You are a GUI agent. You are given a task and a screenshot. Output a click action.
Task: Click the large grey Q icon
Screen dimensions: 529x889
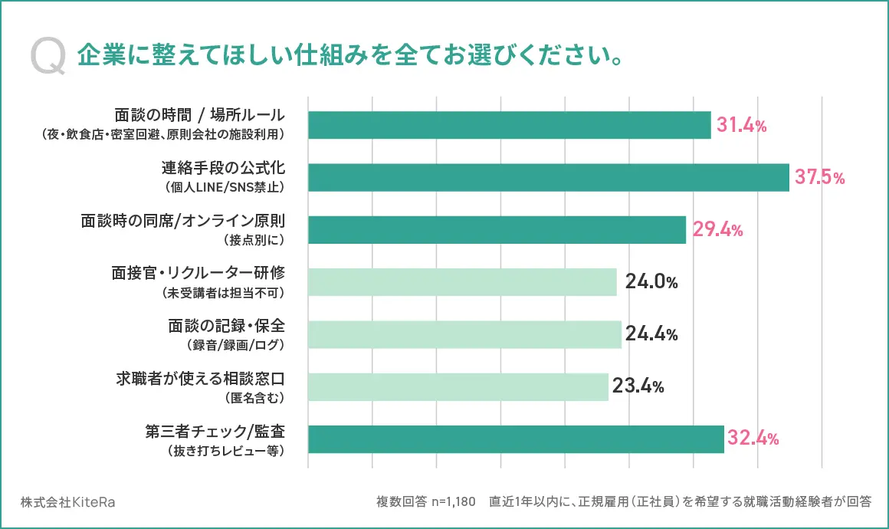(x=48, y=58)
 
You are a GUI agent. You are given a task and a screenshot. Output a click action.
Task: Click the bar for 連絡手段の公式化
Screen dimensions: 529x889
(x=548, y=178)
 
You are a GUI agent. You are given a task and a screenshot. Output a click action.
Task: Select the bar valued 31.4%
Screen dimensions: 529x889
(x=509, y=125)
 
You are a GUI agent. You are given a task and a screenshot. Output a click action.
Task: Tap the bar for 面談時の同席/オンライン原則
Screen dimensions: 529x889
(x=497, y=230)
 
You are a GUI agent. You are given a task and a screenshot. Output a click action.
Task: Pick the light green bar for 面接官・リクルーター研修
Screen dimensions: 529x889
(x=462, y=282)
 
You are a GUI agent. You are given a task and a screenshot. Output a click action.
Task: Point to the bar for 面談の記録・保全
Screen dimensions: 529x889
(x=464, y=334)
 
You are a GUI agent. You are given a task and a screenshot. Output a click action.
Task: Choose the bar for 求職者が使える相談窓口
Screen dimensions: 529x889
(x=458, y=386)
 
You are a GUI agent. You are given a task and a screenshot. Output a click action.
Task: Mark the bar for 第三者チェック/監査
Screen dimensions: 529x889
(x=516, y=439)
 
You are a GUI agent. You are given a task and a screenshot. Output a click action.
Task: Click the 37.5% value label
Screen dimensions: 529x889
(x=819, y=178)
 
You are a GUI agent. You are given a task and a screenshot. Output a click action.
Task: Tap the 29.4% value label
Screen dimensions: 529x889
(x=717, y=230)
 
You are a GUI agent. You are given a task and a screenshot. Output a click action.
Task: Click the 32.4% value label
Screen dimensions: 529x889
(x=753, y=439)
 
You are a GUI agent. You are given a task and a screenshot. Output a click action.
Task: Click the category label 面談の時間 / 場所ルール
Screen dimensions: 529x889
(x=200, y=116)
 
